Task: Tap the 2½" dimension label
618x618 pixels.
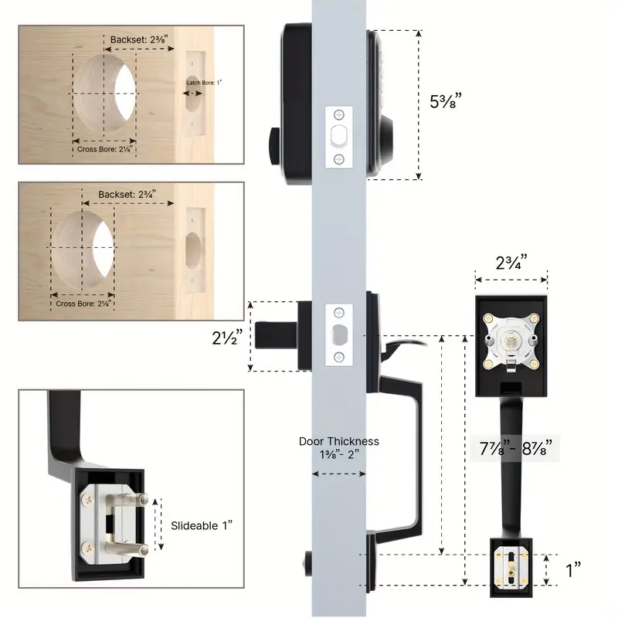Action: [x=229, y=338]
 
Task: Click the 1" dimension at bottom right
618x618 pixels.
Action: [x=573, y=570]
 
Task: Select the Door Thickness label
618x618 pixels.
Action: [x=339, y=447]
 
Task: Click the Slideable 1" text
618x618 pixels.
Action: [x=202, y=525]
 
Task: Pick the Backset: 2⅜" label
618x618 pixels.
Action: [x=138, y=38]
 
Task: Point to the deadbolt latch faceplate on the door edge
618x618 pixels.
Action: [x=338, y=137]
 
